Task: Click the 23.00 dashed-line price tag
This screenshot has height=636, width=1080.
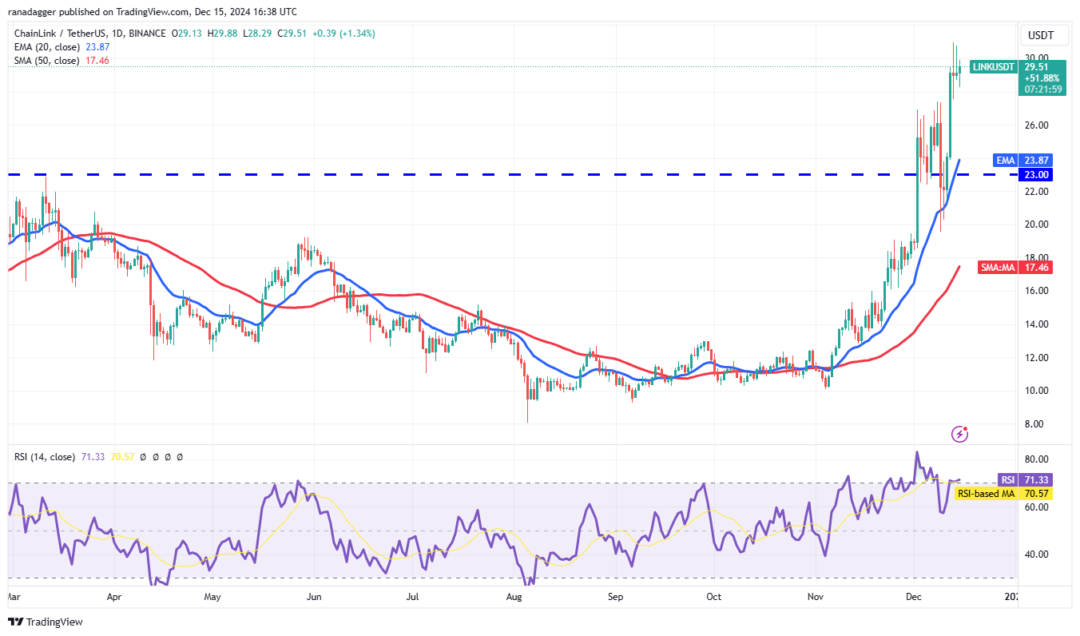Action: pyautogui.click(x=1034, y=175)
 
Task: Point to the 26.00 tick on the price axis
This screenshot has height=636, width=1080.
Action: pyautogui.click(x=1036, y=125)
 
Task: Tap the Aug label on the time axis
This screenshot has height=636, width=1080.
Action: pyautogui.click(x=514, y=596)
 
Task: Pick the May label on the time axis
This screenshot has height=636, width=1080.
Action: pyautogui.click(x=212, y=596)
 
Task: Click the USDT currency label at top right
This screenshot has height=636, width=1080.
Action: pyautogui.click(x=1041, y=36)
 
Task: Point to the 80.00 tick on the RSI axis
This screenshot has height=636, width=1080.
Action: pyautogui.click(x=1036, y=459)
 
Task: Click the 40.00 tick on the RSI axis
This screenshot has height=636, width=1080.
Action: pyautogui.click(x=1036, y=555)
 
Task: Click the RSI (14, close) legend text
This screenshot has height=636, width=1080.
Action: pyautogui.click(x=44, y=457)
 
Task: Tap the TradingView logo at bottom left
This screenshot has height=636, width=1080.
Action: pyautogui.click(x=46, y=622)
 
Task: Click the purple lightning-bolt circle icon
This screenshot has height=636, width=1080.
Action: pyautogui.click(x=960, y=434)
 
